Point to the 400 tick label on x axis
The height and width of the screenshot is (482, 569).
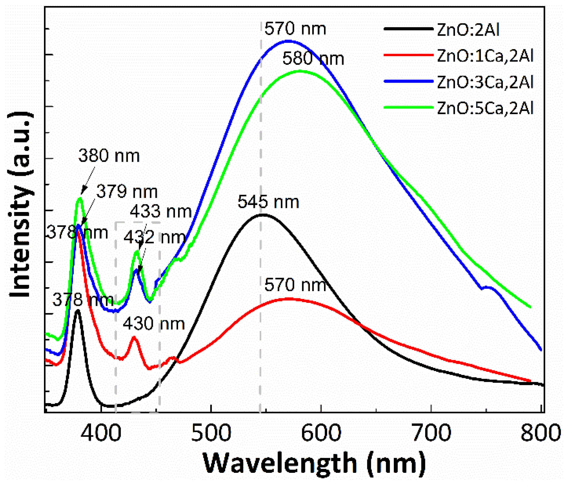point(101,433)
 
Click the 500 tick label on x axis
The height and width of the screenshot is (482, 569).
point(211,433)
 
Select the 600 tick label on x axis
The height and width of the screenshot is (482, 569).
point(321,433)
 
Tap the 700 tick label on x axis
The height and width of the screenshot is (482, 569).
point(431,433)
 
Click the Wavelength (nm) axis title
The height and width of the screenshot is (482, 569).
point(314,463)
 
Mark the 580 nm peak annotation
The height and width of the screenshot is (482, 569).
point(313,59)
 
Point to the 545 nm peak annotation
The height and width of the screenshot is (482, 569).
point(268,202)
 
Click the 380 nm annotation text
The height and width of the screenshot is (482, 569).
point(109,156)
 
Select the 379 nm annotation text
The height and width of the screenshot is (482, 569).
point(127,191)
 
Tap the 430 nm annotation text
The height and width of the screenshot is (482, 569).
point(154,324)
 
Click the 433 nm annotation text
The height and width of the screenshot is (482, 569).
point(161,212)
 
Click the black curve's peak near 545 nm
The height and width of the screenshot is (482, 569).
point(263,215)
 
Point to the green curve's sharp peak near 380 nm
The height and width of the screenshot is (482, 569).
point(80,198)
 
